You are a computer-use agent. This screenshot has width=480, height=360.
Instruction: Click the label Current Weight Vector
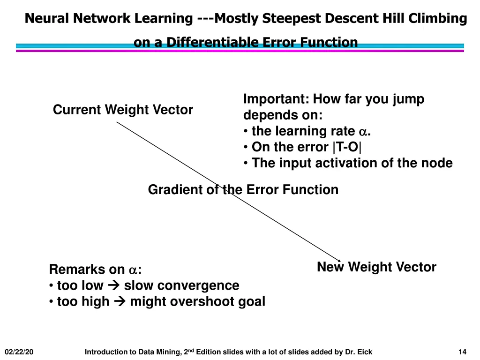tap(123, 110)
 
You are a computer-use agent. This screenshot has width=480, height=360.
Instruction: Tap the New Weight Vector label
tap(376, 268)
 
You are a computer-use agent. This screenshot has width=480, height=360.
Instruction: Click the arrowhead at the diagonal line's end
tap(339, 260)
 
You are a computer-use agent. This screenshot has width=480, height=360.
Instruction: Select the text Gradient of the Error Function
tap(243, 190)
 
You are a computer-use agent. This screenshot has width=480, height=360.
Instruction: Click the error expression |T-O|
tap(347, 147)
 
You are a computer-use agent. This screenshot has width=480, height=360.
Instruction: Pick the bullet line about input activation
tap(352, 163)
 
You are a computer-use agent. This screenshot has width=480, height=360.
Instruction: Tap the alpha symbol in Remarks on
tap(133, 270)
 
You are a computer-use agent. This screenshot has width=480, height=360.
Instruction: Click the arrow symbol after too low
tap(113, 285)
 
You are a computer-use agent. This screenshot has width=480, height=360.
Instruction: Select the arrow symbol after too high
tap(119, 301)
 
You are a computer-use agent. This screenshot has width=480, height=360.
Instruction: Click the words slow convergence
tap(181, 285)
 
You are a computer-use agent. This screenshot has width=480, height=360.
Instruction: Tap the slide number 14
tap(462, 352)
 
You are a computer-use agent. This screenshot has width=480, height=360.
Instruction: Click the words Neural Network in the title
tap(78, 19)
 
